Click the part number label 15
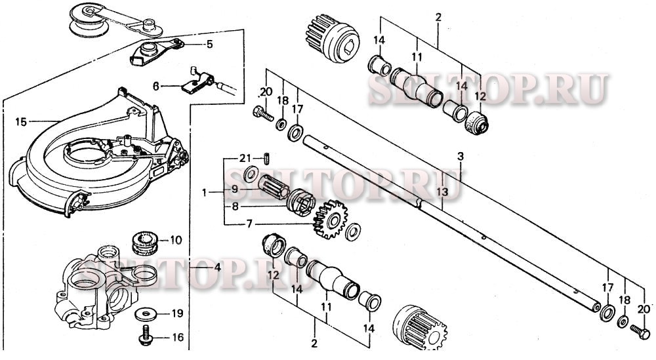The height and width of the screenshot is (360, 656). tap(21, 121)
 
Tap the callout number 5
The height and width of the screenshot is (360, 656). tap(209, 45)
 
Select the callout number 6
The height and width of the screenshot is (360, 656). tap(156, 86)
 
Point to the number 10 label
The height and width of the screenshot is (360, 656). tap(176, 240)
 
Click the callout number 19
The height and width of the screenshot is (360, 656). tap(176, 313)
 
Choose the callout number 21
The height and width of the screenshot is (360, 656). tap(245, 158)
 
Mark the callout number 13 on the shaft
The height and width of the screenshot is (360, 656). tap(444, 191)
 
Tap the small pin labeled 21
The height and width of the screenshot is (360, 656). tap(267, 158)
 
